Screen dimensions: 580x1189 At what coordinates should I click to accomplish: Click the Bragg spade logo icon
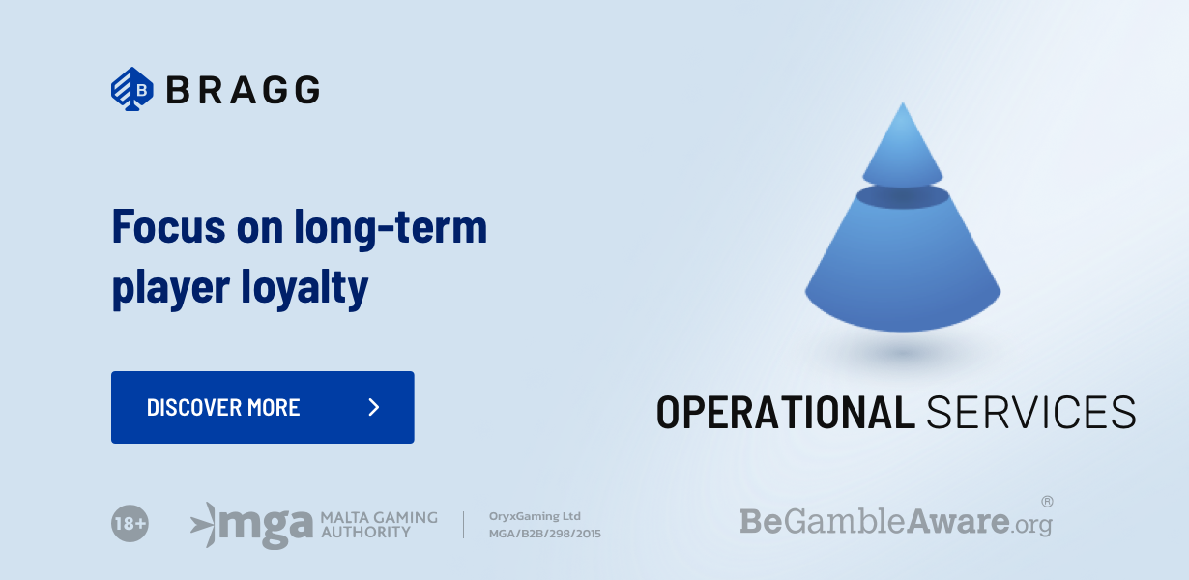[x=132, y=90]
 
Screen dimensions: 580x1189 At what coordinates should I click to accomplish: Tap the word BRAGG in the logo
[x=243, y=90]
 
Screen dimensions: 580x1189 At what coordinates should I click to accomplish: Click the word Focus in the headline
[x=167, y=227]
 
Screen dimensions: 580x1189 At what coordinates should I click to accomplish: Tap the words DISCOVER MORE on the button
[x=223, y=408]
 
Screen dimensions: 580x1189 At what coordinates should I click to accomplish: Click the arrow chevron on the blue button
[x=374, y=408]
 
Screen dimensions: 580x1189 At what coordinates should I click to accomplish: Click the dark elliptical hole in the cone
[x=903, y=197]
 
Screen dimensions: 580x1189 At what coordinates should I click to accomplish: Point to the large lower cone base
[x=903, y=271]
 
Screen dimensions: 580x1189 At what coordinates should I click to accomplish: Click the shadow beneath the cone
[x=903, y=355]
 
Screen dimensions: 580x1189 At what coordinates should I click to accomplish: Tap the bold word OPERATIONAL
[x=785, y=412]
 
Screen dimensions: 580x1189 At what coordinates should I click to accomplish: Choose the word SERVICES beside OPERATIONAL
[x=1030, y=412]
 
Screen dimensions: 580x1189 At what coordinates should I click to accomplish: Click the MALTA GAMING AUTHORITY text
[x=378, y=524]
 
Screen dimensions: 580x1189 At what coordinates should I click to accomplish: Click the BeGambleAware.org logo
[x=895, y=522]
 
